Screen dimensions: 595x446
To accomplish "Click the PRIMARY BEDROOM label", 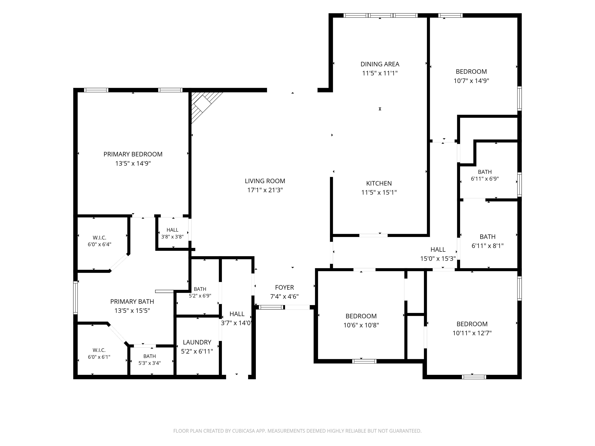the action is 133,154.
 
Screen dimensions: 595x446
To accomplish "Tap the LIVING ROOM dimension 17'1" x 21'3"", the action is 265,190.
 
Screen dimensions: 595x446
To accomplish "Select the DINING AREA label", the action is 380,64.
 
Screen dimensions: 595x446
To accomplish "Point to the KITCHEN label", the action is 379,183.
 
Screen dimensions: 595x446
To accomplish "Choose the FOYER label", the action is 284,287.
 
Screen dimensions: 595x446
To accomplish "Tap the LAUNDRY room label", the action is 197,342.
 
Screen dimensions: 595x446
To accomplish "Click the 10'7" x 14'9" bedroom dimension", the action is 471,81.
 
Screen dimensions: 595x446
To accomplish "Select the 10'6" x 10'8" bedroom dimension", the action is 361,325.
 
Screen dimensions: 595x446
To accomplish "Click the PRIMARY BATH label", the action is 132,302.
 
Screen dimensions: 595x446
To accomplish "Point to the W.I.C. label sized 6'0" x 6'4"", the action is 100,238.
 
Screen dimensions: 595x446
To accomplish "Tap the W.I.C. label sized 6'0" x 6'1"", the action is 99,350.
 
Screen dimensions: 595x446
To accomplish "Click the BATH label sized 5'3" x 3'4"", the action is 149,356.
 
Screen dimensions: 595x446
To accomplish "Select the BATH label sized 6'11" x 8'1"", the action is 487,237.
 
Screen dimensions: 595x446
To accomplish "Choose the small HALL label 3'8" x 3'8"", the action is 172,230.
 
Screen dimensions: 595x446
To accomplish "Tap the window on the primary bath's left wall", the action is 76,298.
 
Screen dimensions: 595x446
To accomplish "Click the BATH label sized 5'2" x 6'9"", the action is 200,289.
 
